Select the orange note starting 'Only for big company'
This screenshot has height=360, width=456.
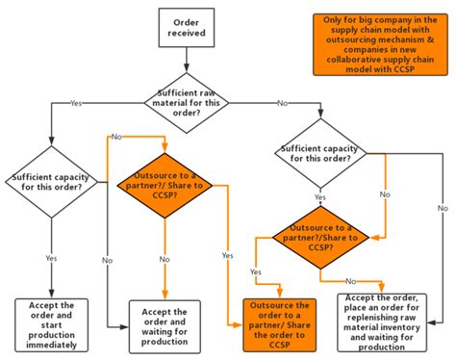pyautogui.click(x=381, y=43)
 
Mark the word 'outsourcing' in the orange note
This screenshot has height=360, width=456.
pyautogui.click(x=353, y=41)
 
